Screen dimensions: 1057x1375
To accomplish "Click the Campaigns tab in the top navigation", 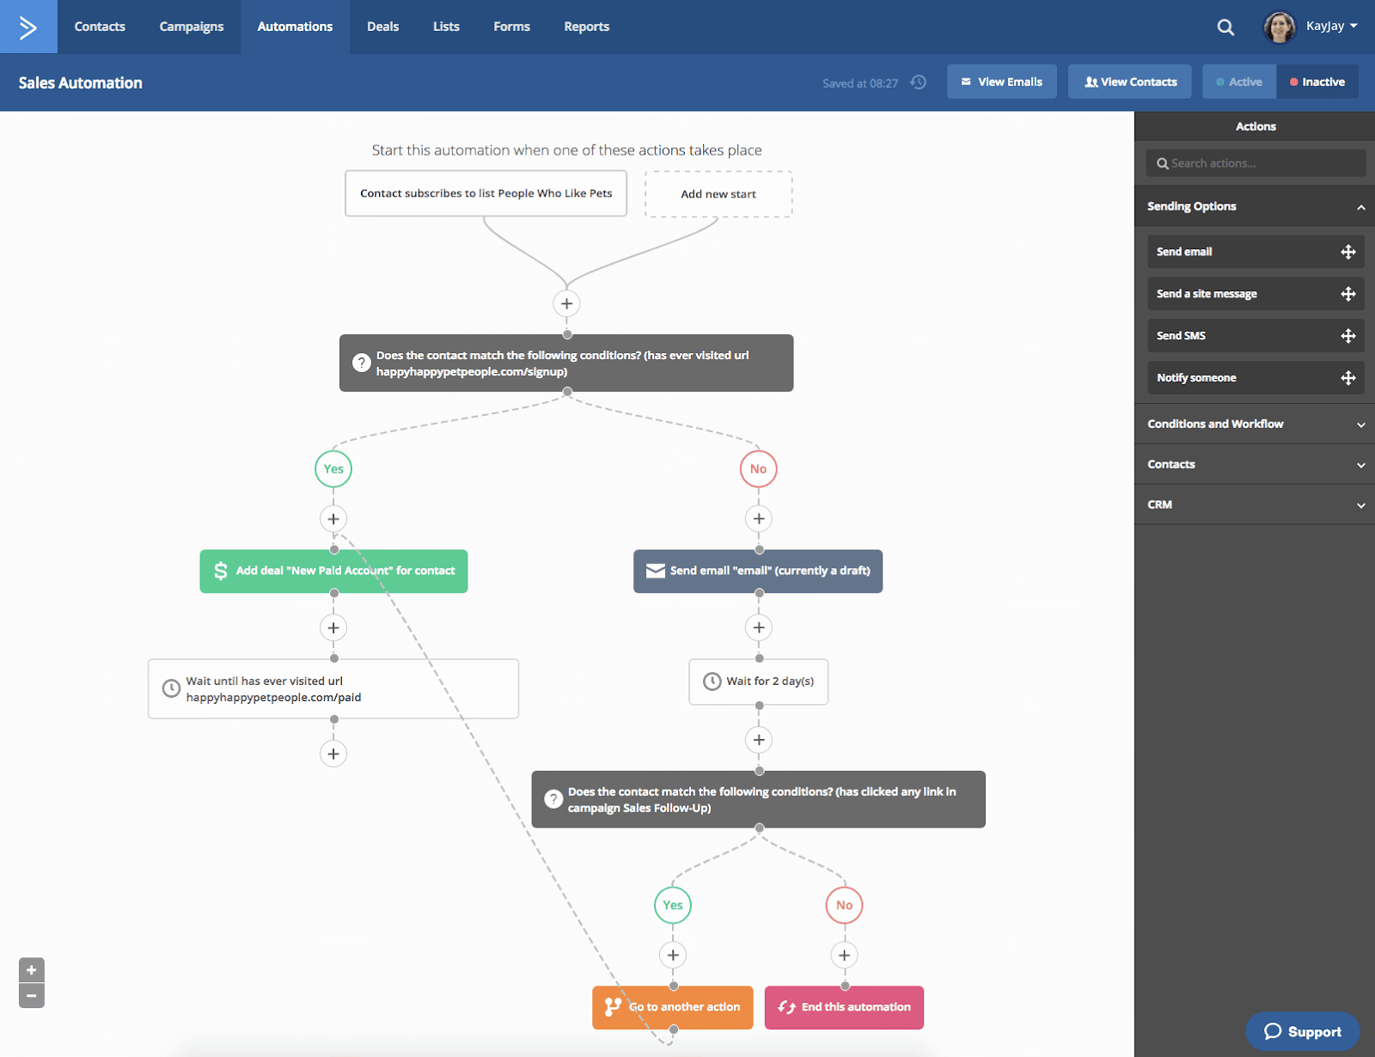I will pos(191,27).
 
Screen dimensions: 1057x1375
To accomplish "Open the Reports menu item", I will pos(586,27).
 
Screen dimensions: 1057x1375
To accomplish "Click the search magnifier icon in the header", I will pos(1225,27).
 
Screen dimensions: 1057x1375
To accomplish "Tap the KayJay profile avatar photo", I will pos(1279,27).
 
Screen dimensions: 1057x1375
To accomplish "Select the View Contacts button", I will pos(1129,82).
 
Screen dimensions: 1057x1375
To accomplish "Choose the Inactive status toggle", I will pos(1317,82).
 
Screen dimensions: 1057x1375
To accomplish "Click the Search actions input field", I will pos(1256,163).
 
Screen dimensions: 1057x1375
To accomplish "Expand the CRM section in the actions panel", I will pos(1255,504).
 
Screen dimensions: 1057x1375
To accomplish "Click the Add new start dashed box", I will pos(718,194).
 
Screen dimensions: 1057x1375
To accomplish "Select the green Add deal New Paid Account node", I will pos(333,571).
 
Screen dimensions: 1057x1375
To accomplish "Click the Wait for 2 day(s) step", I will pos(758,681).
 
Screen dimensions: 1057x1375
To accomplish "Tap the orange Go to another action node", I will pos(673,1007).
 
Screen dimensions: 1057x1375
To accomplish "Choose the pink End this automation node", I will pos(844,1007).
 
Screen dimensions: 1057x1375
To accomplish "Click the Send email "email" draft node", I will pos(758,571).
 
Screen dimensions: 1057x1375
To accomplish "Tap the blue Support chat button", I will pos(1302,1031).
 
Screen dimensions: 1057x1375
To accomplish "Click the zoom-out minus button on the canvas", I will pos(32,996).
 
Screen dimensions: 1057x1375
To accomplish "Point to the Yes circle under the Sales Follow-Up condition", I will pos(673,905).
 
